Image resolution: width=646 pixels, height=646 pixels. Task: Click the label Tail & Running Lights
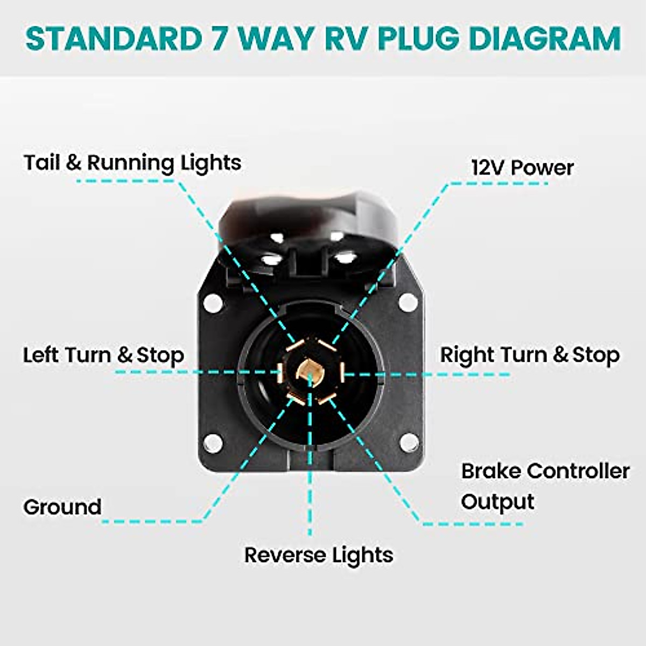(132, 163)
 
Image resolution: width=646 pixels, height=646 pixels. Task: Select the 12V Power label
(522, 167)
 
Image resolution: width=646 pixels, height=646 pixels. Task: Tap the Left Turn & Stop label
(103, 355)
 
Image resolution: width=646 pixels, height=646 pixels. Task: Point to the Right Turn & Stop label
(530, 355)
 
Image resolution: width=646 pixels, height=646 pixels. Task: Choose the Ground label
(62, 507)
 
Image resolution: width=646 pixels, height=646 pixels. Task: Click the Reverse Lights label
(319, 555)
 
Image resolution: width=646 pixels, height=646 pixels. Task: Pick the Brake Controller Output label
(545, 486)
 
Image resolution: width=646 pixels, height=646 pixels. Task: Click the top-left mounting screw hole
(213, 303)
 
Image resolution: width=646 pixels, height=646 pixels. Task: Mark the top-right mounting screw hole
(409, 303)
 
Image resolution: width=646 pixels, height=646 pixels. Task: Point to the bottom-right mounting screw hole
(409, 443)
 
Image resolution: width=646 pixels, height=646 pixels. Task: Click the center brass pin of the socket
(311, 371)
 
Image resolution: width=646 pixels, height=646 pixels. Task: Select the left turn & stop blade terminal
(280, 371)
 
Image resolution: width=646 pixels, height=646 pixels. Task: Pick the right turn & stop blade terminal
(341, 370)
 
